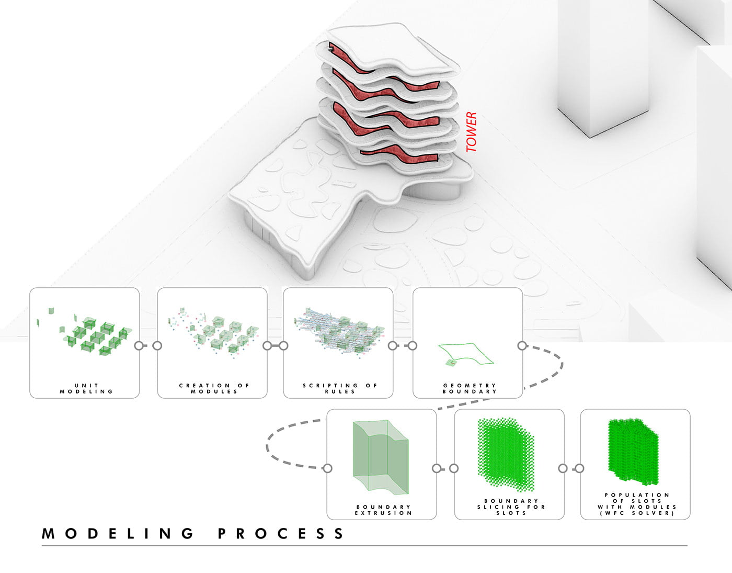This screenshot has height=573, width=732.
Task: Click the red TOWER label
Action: (472, 132)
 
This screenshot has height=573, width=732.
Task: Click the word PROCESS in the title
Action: (281, 534)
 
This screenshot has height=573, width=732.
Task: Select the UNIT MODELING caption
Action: (86, 388)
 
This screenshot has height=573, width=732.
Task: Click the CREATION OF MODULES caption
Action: (214, 388)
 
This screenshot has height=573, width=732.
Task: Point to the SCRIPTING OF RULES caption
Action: (340, 388)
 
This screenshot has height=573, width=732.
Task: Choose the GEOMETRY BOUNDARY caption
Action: (470, 388)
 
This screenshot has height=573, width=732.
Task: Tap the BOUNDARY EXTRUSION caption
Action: (383, 510)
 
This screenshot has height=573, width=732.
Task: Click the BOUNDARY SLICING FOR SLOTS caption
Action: (511, 507)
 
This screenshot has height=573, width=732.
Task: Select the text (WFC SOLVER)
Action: (637, 513)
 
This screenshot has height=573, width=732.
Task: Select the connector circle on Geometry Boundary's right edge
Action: (522, 345)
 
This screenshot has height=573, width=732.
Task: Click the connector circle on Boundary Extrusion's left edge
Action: (327, 468)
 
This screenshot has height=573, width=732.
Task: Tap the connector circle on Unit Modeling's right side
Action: (139, 345)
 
